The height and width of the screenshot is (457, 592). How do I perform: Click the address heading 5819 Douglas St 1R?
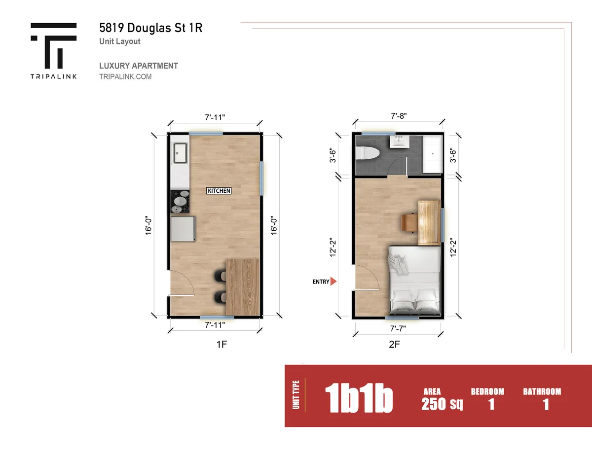pos(150,28)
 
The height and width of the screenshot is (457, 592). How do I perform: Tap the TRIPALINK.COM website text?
pos(125,77)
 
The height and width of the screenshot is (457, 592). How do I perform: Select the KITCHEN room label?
pos(219,191)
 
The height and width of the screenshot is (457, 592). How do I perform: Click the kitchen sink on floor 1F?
pos(180,153)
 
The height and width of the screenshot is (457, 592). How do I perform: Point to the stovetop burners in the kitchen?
pos(180,202)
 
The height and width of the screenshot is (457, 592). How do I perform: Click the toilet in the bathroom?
pos(367,153)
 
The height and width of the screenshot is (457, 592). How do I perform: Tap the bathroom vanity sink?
pos(400,141)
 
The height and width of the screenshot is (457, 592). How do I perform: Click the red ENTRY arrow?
pos(333,281)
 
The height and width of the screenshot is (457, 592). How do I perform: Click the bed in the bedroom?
pos(414,281)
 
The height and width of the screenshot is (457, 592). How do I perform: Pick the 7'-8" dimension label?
pos(399,116)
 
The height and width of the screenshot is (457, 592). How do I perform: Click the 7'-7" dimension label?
pos(398,329)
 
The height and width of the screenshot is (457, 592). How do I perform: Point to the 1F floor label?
pos(222,345)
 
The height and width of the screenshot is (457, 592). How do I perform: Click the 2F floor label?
pos(395,345)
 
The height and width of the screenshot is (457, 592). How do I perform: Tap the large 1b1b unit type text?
pos(359,398)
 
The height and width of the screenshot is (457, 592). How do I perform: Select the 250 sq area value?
pos(442,404)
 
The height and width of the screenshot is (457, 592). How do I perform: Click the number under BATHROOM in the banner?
pos(546,405)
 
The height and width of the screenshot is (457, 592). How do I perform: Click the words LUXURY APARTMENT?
pos(139,66)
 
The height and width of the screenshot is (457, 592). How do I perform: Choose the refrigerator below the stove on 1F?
pos(183,229)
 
